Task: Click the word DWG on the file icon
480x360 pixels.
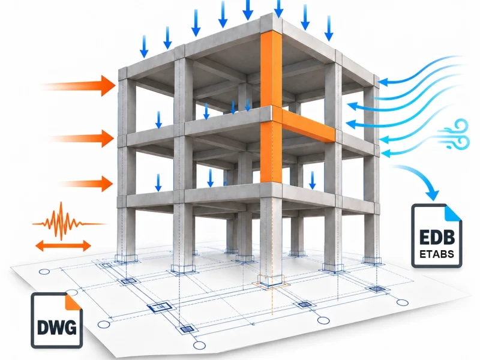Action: coord(56,328)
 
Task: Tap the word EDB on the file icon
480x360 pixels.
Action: coord(437,237)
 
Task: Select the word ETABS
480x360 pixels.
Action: coord(437,254)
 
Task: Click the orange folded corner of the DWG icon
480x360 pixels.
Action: coord(73,301)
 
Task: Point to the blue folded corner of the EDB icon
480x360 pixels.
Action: coord(454,212)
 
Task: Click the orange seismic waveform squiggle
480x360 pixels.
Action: coord(69,221)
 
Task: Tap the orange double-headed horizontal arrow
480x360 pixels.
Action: coord(64,245)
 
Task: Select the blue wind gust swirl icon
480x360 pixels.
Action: coord(454,134)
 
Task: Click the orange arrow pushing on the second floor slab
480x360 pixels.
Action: coord(83,138)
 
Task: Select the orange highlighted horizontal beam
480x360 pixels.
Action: coord(308,125)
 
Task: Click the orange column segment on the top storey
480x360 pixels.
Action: coord(271,70)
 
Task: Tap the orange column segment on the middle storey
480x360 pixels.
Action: coord(271,152)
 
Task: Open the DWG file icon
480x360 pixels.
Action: coord(56,320)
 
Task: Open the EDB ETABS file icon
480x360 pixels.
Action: coord(437,236)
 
